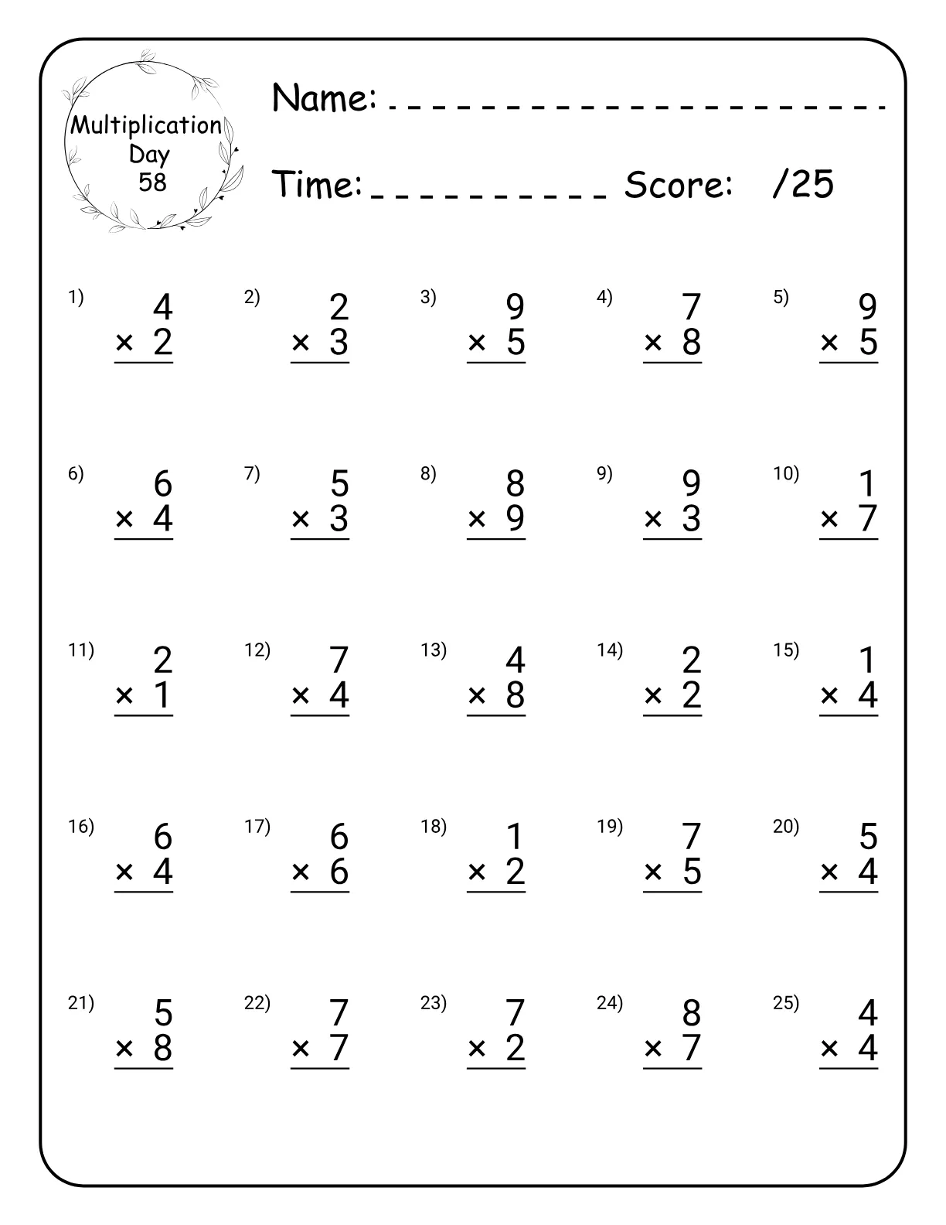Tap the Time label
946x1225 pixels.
[x=318, y=184]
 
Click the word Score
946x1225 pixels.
[x=678, y=184]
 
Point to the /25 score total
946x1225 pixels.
[x=803, y=184]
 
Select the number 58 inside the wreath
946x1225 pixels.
[x=152, y=182]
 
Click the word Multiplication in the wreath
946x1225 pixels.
[x=146, y=125]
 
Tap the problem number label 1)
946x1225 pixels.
[x=76, y=297]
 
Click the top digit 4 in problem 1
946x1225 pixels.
[x=162, y=308]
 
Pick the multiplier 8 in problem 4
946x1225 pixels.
[x=692, y=342]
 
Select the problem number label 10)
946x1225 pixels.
[x=786, y=473]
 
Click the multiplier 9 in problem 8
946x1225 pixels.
[x=516, y=518]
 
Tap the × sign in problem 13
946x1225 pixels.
[x=477, y=696]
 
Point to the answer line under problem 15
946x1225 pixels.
[x=849, y=716]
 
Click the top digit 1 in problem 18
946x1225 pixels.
[x=516, y=837]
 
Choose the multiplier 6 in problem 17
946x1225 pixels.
[x=339, y=872]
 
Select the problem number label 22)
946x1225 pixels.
[x=257, y=1003]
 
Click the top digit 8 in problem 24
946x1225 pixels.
[x=692, y=1013]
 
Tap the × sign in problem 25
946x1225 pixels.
[x=829, y=1049]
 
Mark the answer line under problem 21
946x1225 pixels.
[x=144, y=1069]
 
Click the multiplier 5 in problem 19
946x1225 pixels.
[x=692, y=872]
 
